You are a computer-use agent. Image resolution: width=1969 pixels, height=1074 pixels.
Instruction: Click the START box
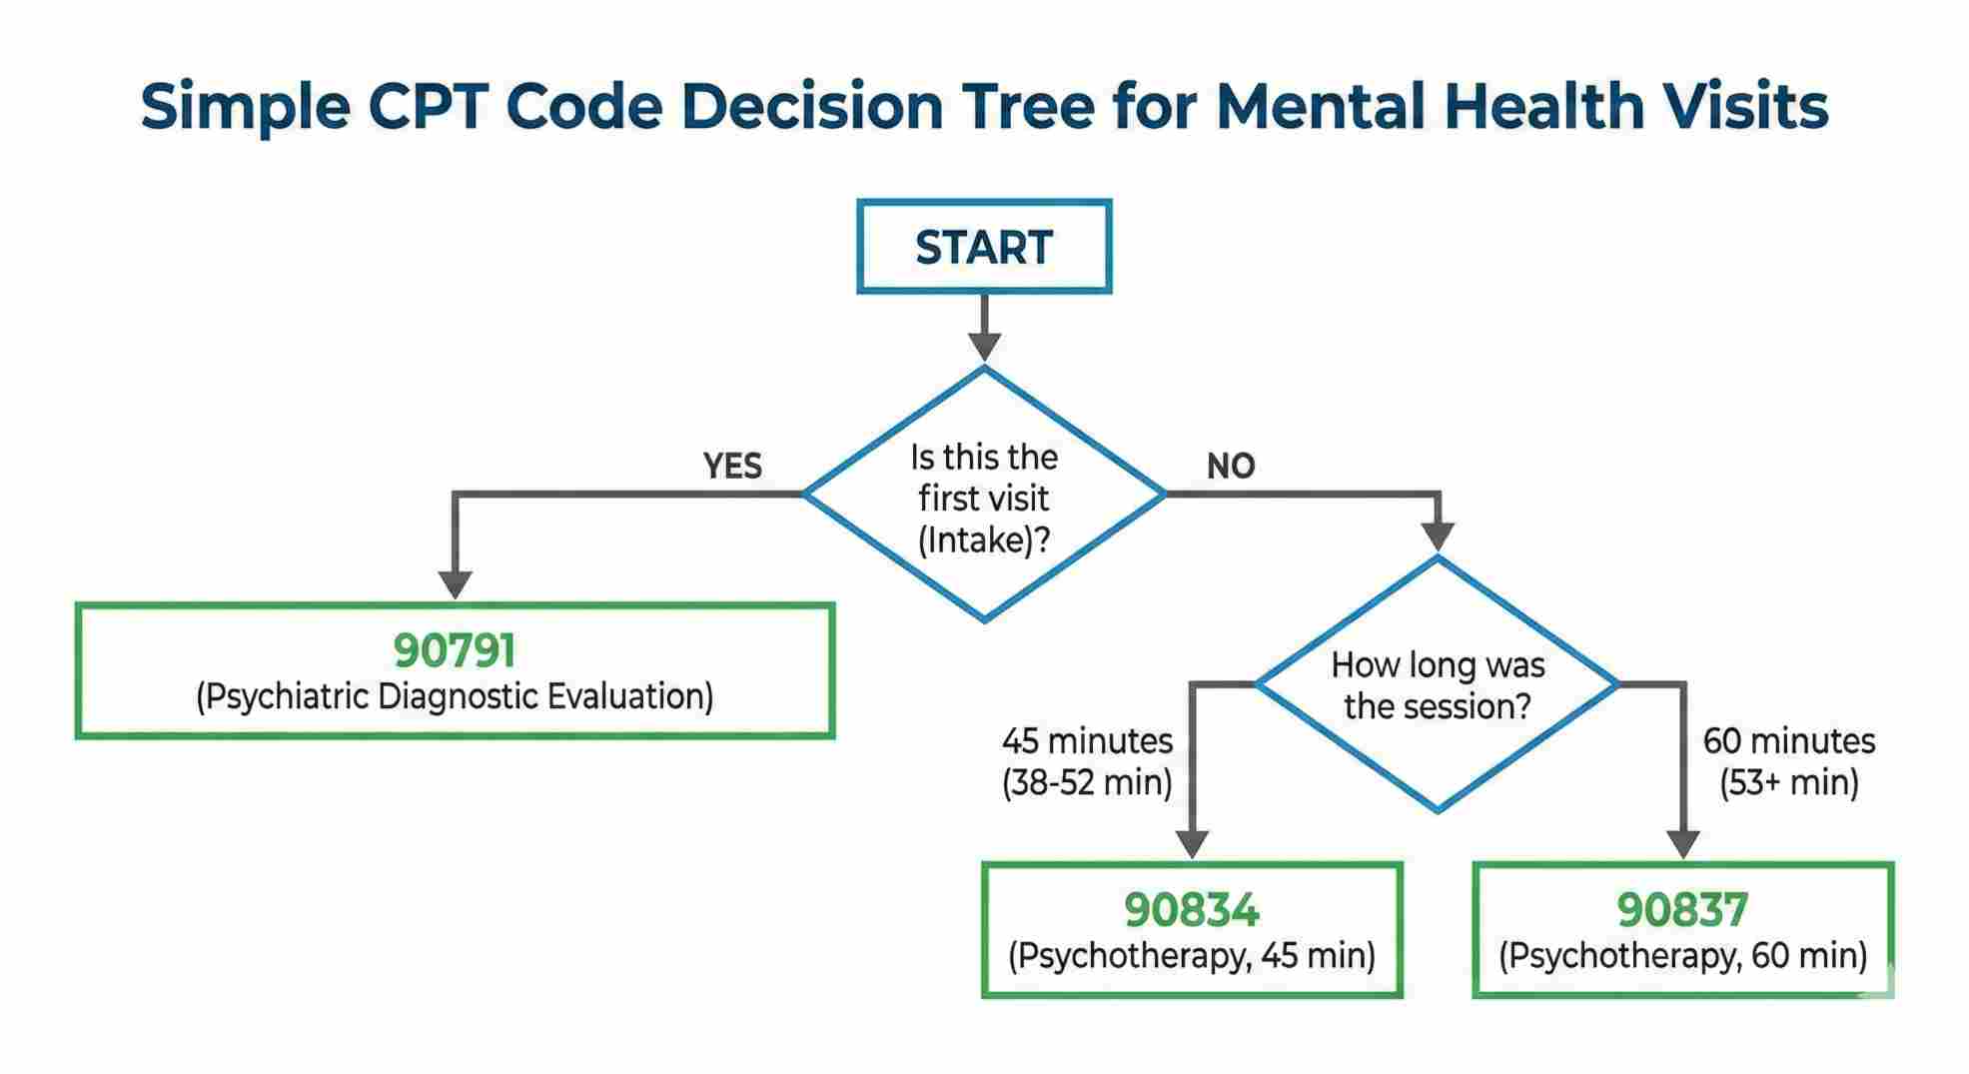tap(984, 247)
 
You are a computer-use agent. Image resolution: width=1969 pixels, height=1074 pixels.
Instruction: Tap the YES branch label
tap(732, 466)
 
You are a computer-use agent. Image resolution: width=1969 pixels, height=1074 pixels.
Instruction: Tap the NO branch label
tap(1230, 466)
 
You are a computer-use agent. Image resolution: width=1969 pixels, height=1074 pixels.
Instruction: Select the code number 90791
tap(455, 650)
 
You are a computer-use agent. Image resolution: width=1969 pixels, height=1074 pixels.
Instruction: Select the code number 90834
tap(1192, 909)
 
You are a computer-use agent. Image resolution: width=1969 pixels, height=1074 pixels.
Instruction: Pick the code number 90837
tap(1682, 909)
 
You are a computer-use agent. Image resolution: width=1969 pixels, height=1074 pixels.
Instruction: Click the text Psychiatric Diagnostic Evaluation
tap(455, 696)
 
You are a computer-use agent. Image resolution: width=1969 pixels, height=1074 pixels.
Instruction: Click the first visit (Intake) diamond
tap(984, 497)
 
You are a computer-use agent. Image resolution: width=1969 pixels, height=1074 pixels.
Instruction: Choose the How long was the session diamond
tap(1437, 685)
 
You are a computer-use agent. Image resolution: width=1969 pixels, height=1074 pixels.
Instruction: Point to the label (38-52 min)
tap(1087, 782)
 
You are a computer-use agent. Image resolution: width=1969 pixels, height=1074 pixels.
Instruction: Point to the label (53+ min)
tap(1788, 782)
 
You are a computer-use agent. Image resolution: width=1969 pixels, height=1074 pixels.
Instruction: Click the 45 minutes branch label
tap(1087, 741)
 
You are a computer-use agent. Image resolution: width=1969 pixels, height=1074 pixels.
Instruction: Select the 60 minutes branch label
tap(1788, 741)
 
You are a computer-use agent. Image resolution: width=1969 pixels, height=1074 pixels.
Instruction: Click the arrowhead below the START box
tap(984, 346)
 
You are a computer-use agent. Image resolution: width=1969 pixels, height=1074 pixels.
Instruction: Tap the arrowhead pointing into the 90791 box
tap(455, 584)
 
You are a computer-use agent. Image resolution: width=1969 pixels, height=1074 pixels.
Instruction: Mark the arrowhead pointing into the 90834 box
tap(1192, 844)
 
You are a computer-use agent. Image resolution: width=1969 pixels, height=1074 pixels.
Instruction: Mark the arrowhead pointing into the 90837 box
tap(1682, 844)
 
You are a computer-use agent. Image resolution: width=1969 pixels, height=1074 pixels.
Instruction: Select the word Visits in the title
tap(1736, 106)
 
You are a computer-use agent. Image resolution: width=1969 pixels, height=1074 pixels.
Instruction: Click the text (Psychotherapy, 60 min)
tap(1682, 956)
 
